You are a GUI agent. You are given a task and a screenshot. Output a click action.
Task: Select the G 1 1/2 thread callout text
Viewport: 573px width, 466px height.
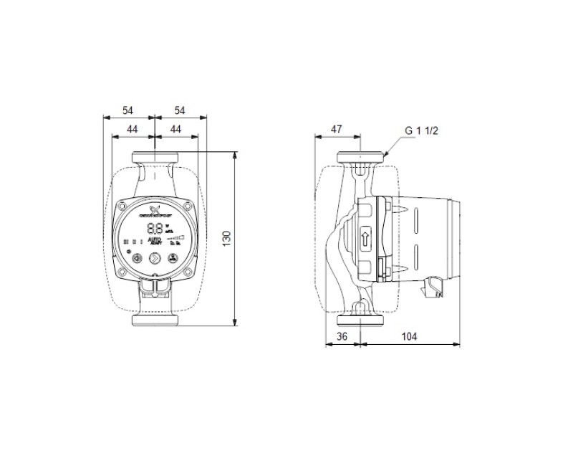point(421,130)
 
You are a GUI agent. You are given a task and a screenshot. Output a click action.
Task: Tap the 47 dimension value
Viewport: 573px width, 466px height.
point(336,130)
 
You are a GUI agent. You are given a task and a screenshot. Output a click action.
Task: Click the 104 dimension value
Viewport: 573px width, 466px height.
point(409,336)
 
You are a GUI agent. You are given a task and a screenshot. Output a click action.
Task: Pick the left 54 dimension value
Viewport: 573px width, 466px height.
point(128,110)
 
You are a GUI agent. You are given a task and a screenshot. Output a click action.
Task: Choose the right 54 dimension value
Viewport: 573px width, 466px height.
point(179,110)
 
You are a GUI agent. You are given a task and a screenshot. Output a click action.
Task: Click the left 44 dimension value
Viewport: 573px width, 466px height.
point(133,128)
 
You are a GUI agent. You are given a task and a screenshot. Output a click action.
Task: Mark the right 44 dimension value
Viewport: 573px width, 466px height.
point(175,128)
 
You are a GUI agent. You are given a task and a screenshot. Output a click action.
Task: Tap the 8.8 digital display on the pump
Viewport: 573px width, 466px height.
point(154,229)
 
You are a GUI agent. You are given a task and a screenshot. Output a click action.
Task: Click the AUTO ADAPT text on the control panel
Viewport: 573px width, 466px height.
point(154,242)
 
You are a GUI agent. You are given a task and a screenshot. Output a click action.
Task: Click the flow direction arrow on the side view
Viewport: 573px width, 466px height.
point(365,237)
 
